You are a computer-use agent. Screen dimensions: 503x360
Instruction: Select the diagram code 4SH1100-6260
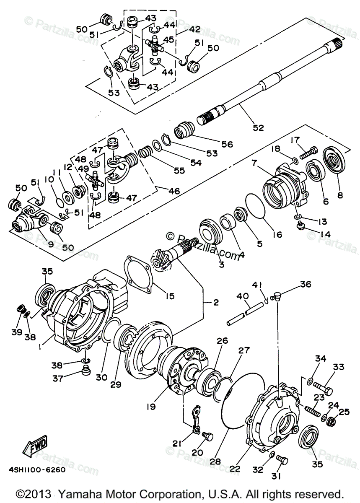[x=36, y=469]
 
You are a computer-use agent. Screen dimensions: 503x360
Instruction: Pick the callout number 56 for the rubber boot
[x=227, y=144]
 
